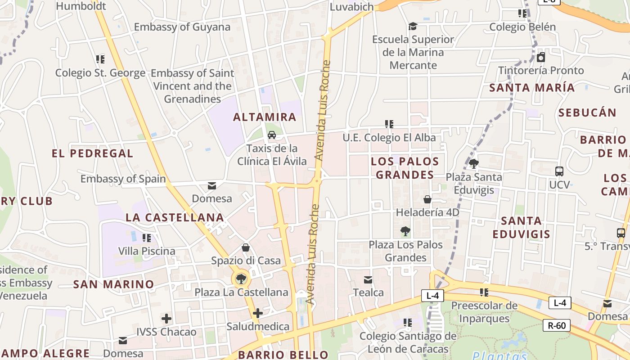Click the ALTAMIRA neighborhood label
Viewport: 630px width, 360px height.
265,117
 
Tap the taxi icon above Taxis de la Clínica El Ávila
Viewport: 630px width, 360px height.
272,135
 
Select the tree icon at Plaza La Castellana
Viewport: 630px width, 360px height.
241,279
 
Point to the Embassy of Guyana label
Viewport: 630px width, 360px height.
182,27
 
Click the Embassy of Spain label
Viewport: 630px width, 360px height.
123,179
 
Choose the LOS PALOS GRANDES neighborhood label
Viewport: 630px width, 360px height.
405,168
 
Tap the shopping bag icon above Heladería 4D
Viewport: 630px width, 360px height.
427,199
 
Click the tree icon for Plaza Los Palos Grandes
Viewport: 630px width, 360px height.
405,231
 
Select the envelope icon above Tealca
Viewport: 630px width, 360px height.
368,280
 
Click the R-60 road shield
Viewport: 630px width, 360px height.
557,325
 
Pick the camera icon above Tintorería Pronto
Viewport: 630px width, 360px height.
541,57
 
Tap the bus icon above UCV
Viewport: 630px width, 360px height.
559,171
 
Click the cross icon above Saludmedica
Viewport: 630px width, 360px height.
258,313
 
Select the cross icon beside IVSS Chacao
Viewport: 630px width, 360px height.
166,319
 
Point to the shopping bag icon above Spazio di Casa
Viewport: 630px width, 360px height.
246,247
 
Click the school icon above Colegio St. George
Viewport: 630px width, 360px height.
100,59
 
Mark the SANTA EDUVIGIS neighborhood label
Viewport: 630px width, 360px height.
521,227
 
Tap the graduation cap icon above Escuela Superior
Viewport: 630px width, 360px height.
413,27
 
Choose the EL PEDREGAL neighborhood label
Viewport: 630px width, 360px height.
92,153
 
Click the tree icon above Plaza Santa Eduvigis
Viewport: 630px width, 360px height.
473,164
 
